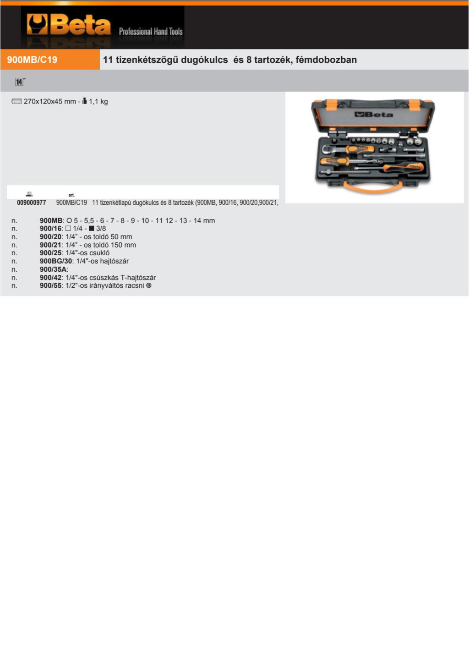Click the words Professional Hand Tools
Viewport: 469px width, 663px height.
[x=151, y=31]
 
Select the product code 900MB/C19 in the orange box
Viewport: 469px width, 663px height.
[x=32, y=60]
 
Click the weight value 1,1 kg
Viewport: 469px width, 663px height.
[x=98, y=102]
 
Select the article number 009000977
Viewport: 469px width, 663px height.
[x=31, y=203]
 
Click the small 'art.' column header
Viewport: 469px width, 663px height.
[x=71, y=195]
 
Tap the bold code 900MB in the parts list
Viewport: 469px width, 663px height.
[x=51, y=220]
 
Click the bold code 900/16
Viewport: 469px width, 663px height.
[x=50, y=229]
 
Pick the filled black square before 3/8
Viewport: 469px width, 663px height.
[x=92, y=229]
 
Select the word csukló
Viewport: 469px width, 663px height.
[x=99, y=253]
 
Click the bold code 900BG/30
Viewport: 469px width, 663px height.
[x=56, y=261]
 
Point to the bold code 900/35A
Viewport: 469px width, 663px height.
[x=53, y=269]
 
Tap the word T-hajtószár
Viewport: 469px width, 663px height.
[x=138, y=278]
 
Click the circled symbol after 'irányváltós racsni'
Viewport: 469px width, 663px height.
[x=149, y=285]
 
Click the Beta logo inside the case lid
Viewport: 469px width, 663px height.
[x=374, y=115]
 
